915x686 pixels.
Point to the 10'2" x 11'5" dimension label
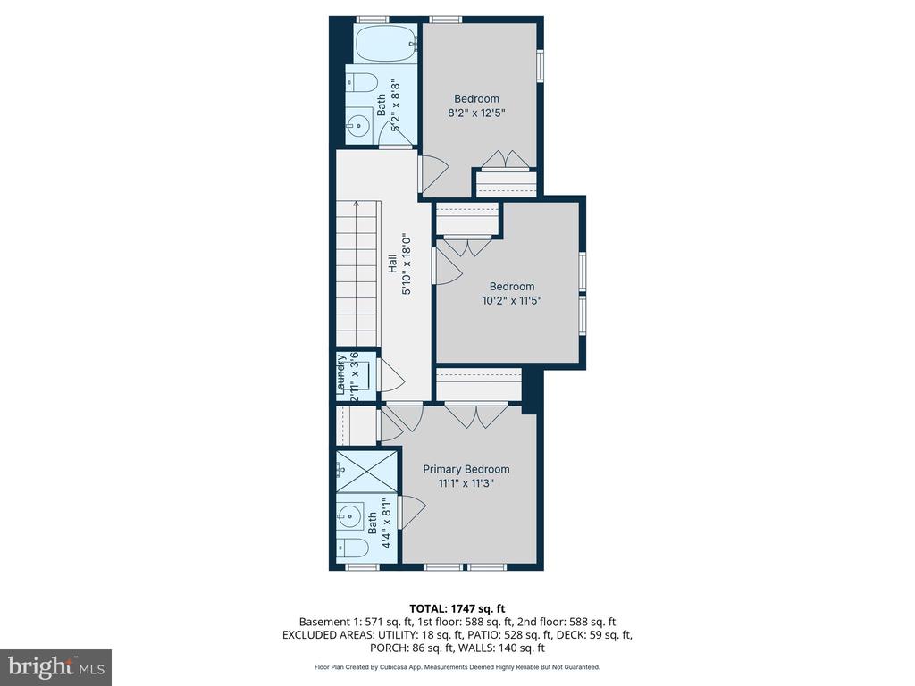[x=512, y=301]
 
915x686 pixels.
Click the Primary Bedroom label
[x=466, y=469]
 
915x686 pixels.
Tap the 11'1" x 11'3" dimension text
[x=466, y=483]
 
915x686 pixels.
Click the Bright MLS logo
[x=55, y=666]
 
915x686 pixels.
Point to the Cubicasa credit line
[x=457, y=666]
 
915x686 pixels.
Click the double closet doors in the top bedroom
[x=506, y=160]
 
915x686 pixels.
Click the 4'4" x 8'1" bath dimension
[x=387, y=523]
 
